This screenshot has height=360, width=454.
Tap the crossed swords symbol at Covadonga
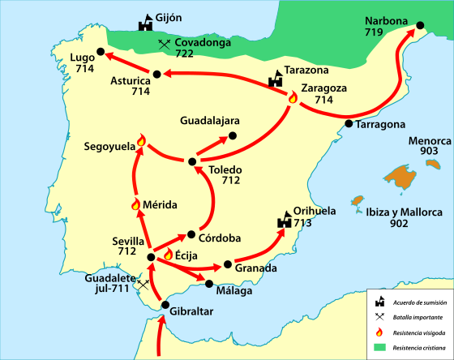pyautogui.click(x=165, y=44)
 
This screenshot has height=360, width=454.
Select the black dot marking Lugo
pyautogui.click(x=100, y=52)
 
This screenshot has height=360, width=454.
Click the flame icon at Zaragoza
pyautogui.click(x=293, y=98)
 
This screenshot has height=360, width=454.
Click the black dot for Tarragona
pyautogui.click(x=349, y=124)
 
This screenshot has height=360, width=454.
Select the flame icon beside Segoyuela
pyautogui.click(x=141, y=141)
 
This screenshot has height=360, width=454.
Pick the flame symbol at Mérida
pyautogui.click(x=136, y=204)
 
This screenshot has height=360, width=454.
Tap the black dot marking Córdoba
pyautogui.click(x=191, y=235)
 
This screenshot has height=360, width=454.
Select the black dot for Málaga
pyautogui.click(x=210, y=284)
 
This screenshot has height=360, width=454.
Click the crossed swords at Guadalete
pyautogui.click(x=143, y=285)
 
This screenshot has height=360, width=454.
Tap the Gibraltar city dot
pyautogui.click(x=165, y=306)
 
